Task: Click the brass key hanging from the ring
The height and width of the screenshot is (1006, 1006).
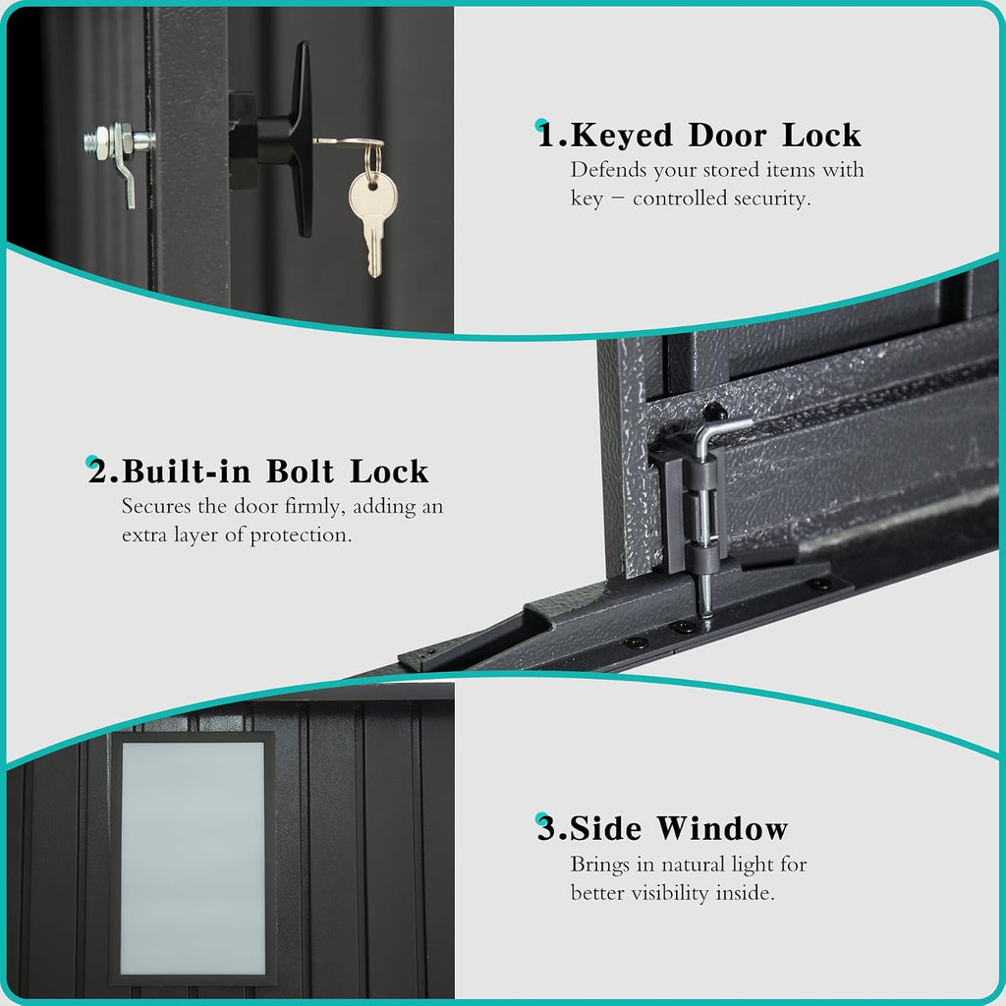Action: click(x=371, y=218)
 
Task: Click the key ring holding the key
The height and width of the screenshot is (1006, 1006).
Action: click(x=372, y=160)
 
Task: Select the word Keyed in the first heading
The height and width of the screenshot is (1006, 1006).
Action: click(x=621, y=136)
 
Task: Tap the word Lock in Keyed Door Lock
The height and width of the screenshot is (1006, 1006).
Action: click(x=821, y=136)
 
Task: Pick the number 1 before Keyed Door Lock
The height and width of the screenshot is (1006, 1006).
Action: click(x=546, y=136)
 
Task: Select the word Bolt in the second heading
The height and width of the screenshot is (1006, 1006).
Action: click(x=300, y=472)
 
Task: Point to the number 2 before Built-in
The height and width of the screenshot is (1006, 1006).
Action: click(x=98, y=472)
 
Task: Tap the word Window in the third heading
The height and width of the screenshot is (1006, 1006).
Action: click(x=722, y=828)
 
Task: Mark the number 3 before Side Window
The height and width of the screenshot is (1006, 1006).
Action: click(x=546, y=828)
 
